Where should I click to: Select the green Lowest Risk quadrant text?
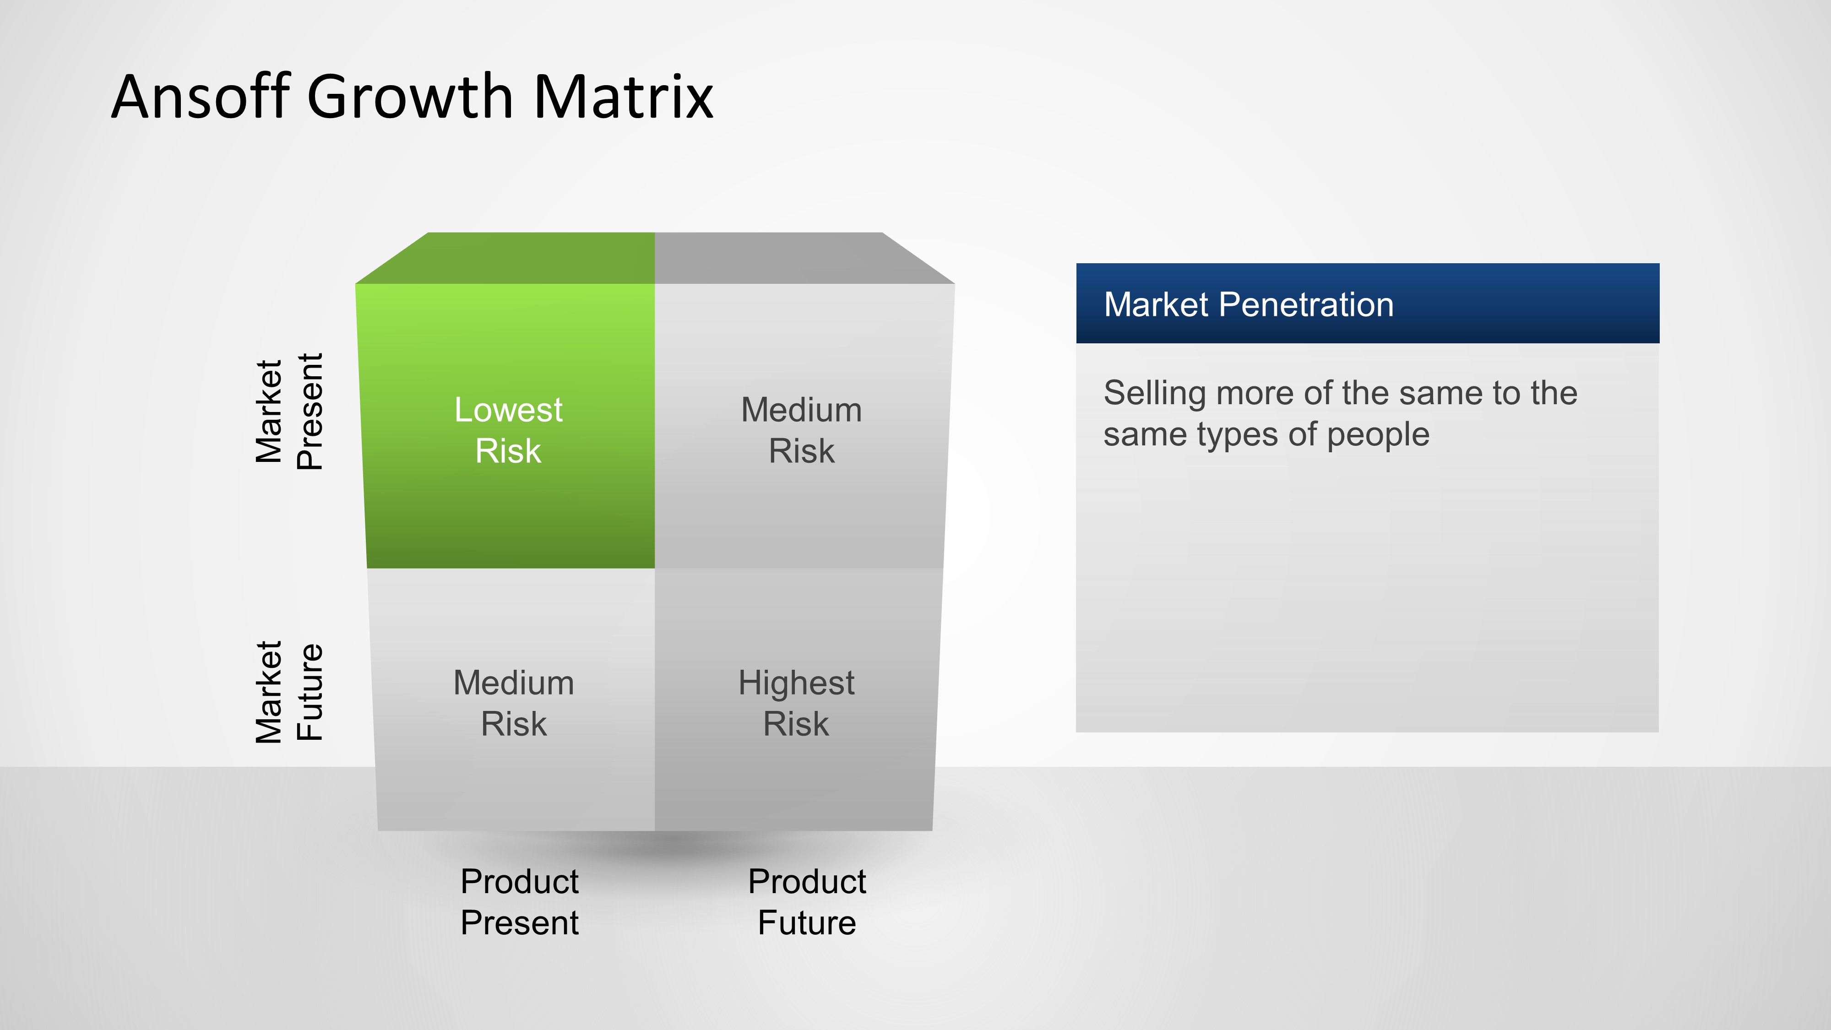coord(508,430)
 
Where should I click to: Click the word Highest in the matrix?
coord(796,683)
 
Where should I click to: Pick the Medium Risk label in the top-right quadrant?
coord(801,430)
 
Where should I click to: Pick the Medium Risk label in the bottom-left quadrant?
coord(514,703)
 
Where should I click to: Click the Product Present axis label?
coord(520,901)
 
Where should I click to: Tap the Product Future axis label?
coord(807,901)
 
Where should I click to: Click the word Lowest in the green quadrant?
coord(508,410)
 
